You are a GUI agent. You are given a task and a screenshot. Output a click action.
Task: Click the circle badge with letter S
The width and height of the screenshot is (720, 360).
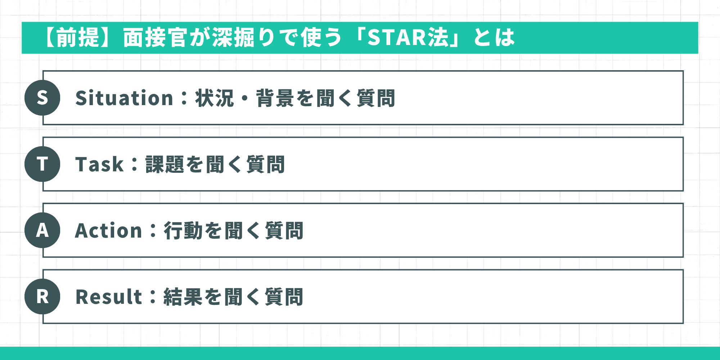[42, 98]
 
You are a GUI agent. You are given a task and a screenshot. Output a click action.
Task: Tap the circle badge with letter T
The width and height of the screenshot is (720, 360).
[42, 164]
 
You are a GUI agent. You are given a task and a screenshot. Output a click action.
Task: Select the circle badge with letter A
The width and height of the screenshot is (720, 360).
[42, 230]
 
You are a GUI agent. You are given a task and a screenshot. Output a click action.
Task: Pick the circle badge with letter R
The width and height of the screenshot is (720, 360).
[42, 297]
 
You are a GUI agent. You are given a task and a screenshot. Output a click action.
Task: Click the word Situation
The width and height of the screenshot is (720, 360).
[124, 98]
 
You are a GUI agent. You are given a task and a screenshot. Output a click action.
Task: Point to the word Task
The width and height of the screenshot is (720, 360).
[99, 165]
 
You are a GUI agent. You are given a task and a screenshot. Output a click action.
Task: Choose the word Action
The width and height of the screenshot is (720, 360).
[108, 231]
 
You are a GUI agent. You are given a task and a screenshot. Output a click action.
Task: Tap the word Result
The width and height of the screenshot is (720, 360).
[109, 297]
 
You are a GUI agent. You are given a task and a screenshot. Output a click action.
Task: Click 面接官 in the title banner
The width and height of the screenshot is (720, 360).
[155, 37]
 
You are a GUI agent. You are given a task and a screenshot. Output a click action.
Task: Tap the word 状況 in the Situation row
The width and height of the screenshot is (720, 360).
[215, 98]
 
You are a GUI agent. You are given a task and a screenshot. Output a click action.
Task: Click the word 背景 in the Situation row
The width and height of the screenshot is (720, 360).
[275, 98]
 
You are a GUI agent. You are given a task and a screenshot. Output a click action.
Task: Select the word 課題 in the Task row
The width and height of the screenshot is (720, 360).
[165, 165]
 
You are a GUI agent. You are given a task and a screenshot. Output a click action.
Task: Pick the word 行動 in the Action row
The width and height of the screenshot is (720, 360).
[183, 231]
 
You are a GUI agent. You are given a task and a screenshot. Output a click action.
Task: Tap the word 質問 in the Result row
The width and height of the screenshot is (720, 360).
[284, 297]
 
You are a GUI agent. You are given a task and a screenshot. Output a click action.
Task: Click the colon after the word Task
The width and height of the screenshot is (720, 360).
[135, 165]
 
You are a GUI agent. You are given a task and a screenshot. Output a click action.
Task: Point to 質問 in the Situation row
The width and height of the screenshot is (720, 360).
[376, 98]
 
